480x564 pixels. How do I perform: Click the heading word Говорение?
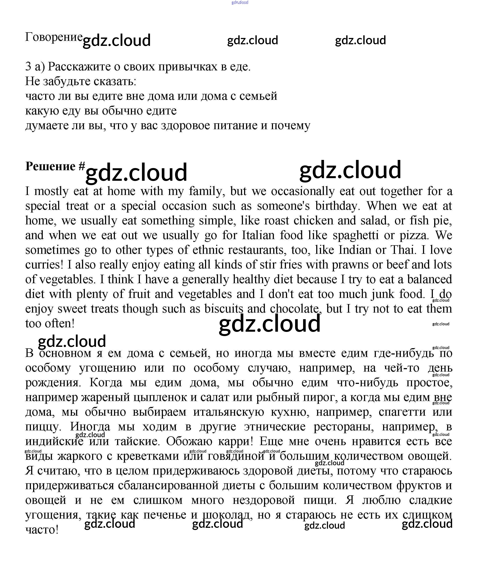[54, 37]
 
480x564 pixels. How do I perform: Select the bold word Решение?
[50, 166]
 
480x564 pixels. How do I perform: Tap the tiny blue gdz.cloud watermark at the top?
[240, 2]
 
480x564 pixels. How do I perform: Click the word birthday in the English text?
[336, 206]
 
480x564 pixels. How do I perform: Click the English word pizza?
[414, 235]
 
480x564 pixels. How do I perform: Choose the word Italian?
[258, 235]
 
